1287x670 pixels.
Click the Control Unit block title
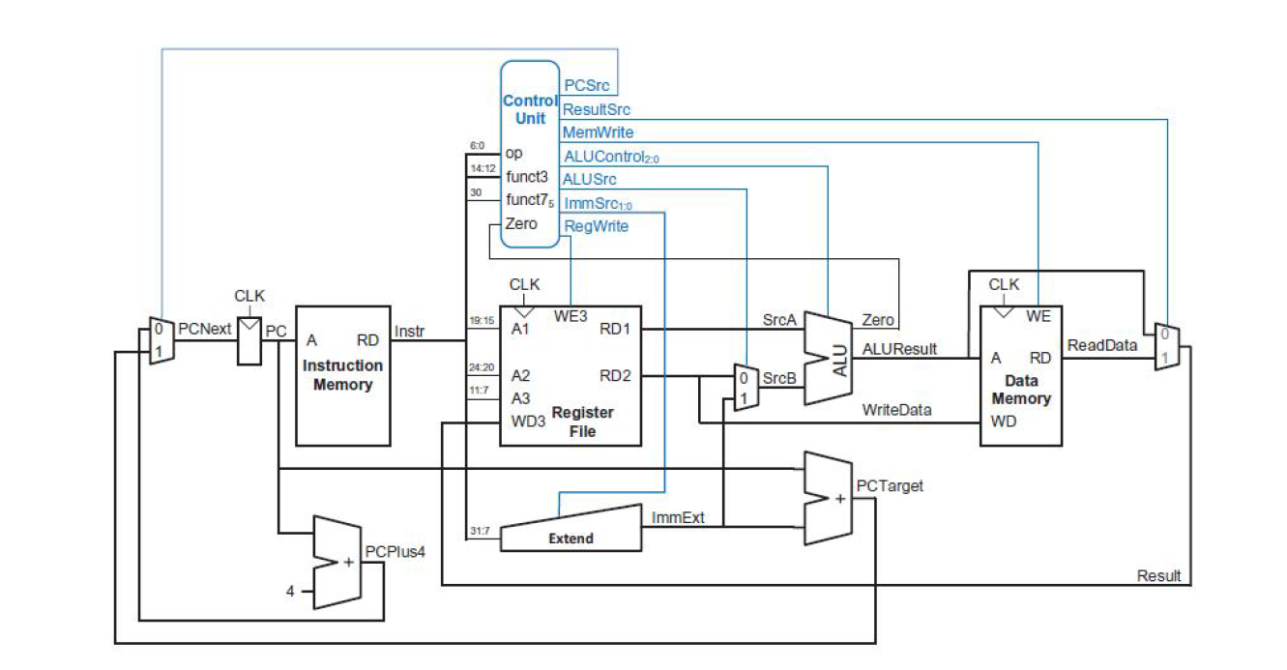[530, 109]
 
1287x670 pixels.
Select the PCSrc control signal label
[585, 87]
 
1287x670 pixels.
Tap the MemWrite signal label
[598, 132]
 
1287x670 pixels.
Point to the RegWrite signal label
[596, 226]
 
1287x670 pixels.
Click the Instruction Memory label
[342, 375]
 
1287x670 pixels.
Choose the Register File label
[582, 422]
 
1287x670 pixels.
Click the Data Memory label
[1020, 390]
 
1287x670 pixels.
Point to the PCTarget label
[889, 486]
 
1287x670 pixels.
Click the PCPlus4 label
[395, 551]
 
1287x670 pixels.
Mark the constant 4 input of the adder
[290, 592]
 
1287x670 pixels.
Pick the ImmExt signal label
[678, 518]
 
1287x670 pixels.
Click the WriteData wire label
[896, 410]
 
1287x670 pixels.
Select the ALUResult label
[899, 348]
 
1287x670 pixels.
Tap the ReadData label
[1102, 345]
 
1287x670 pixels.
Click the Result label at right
[1158, 576]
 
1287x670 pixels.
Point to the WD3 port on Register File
[526, 422]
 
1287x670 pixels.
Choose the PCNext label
[205, 329]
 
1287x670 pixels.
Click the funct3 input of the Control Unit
[526, 177]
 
